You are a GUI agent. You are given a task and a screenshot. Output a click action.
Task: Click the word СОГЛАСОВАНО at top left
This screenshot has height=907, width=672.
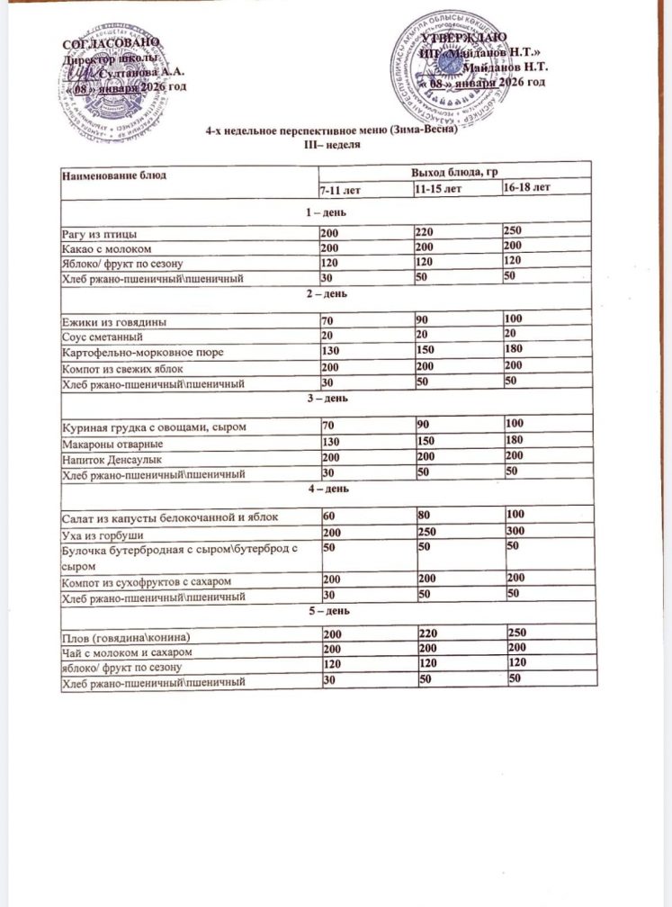112,44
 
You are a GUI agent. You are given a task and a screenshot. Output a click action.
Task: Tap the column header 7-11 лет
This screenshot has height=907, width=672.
340,190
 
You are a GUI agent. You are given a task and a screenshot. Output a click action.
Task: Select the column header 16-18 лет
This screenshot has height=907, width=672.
528,188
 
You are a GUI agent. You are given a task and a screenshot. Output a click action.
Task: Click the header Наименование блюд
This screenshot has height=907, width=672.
113,173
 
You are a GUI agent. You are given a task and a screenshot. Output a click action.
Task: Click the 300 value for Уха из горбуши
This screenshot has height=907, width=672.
515,531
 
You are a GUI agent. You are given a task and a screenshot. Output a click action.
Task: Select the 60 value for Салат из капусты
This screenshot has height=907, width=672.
330,516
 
